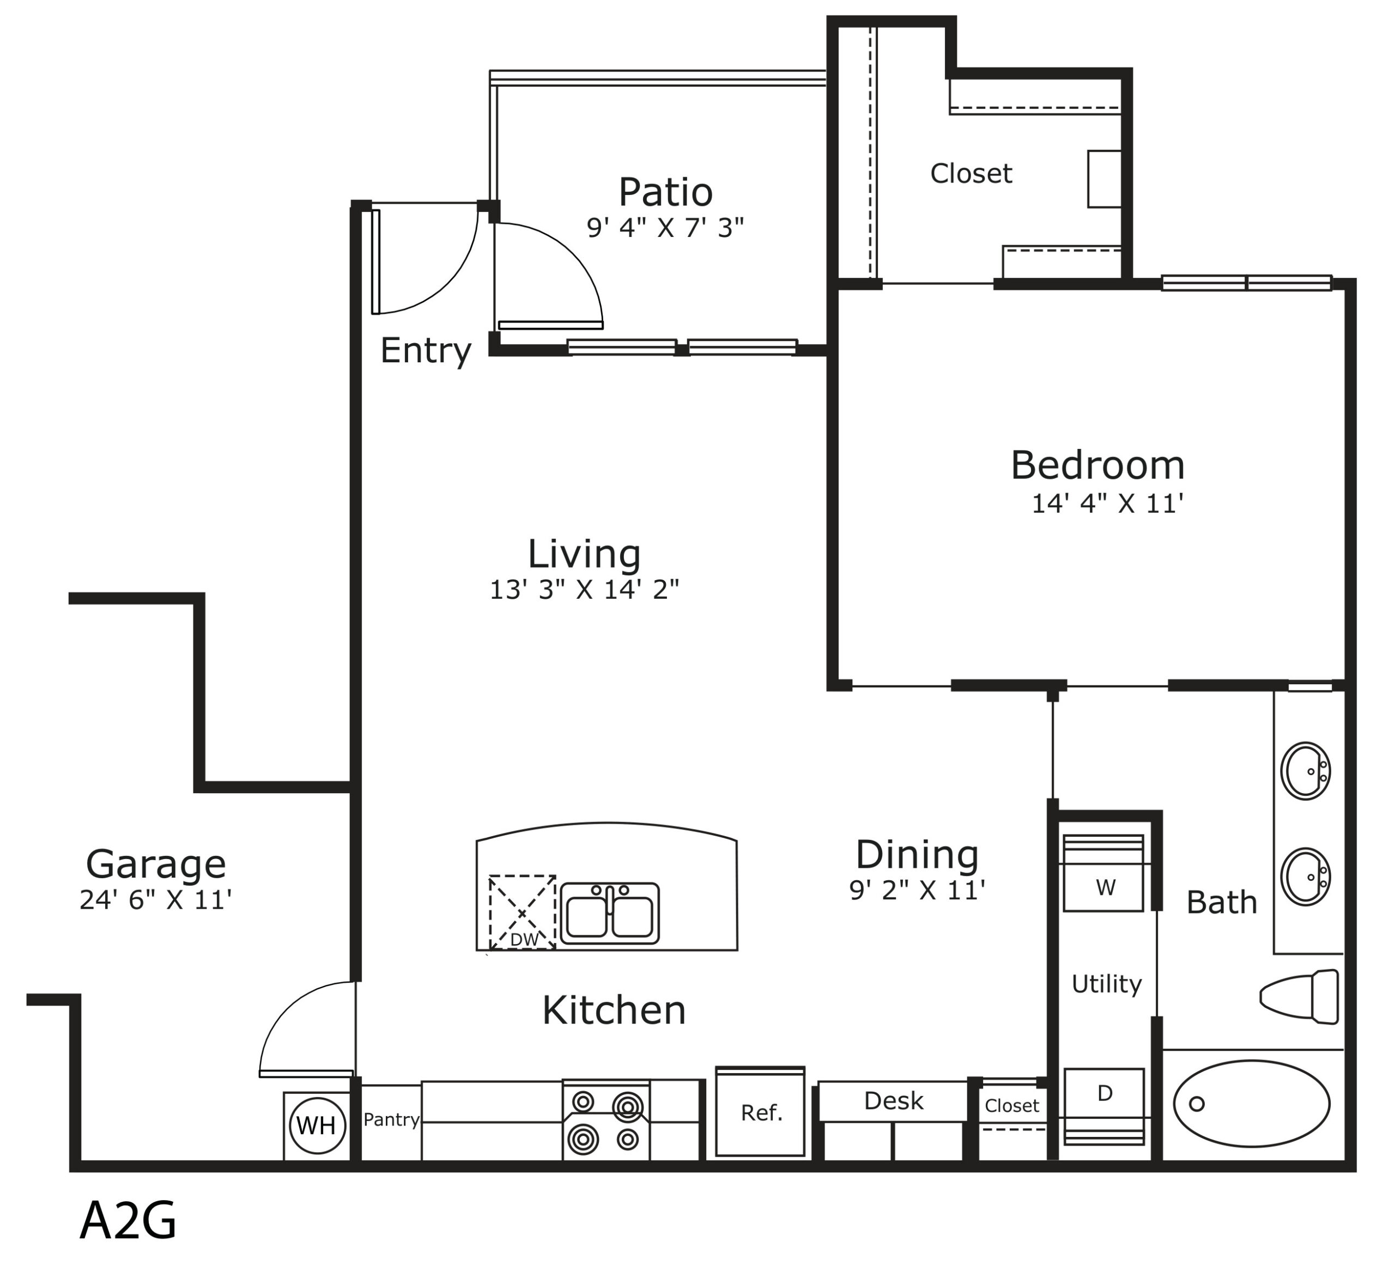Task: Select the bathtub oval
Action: click(x=1251, y=1104)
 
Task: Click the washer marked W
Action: click(x=1103, y=873)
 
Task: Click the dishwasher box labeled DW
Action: click(x=523, y=912)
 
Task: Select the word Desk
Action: click(x=893, y=1100)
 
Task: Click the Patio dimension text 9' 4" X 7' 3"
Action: click(x=665, y=228)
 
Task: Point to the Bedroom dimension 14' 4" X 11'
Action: click(x=1107, y=504)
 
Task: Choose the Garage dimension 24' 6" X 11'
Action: click(x=155, y=900)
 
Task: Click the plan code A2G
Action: click(x=128, y=1220)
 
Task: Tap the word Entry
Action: click(x=426, y=351)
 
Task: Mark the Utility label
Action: click(x=1106, y=984)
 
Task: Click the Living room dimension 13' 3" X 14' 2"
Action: click(x=584, y=589)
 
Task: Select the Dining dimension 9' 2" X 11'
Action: click(x=918, y=890)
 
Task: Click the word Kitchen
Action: click(x=614, y=1010)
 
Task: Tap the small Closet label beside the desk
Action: click(x=1012, y=1105)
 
